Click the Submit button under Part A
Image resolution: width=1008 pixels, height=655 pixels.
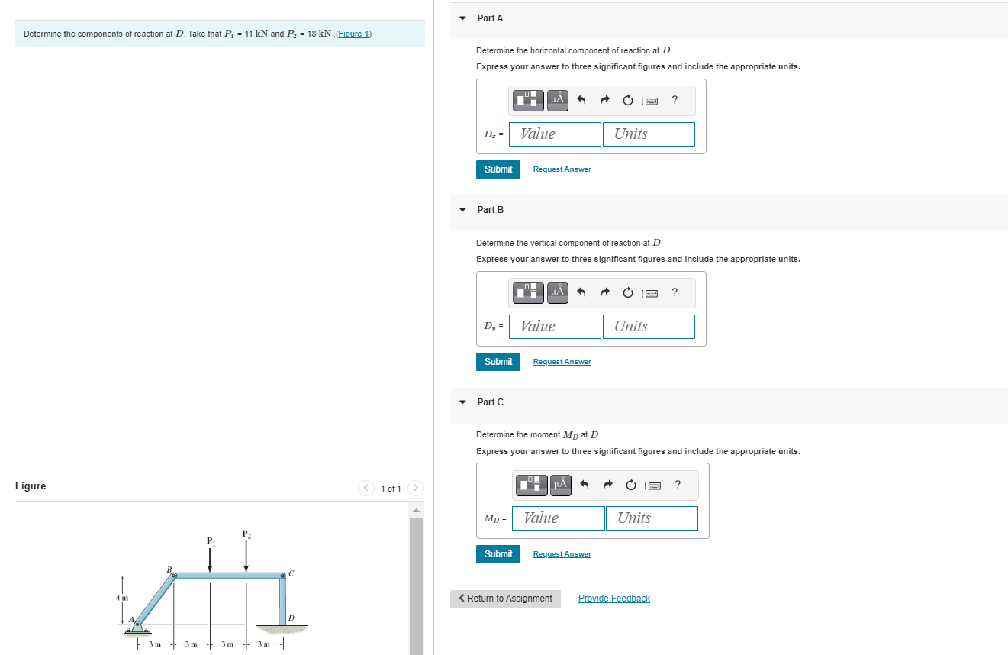[498, 169]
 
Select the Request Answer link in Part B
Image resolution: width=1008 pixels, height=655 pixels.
[562, 362]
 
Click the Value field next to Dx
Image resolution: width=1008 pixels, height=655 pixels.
[555, 134]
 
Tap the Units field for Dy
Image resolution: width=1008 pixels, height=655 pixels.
[648, 327]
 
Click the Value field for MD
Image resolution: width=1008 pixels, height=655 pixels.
[558, 518]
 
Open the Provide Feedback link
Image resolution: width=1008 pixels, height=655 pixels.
[613, 599]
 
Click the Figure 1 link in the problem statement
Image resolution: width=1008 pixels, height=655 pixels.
[353, 34]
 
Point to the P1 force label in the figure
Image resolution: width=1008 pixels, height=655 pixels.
[210, 541]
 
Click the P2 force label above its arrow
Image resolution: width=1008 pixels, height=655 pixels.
[246, 534]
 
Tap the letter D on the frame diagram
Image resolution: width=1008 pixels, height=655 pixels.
[291, 617]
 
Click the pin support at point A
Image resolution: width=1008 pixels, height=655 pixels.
[137, 627]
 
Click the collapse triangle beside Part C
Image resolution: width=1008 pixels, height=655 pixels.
[462, 402]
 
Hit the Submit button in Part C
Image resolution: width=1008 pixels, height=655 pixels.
[498, 553]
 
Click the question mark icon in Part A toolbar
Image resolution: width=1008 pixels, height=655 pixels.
[675, 100]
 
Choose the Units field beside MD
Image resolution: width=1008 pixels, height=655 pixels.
[651, 518]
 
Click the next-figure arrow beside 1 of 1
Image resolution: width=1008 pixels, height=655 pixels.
[416, 488]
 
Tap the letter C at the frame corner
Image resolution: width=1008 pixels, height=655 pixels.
[291, 573]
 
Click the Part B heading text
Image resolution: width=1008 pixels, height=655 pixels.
[490, 210]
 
